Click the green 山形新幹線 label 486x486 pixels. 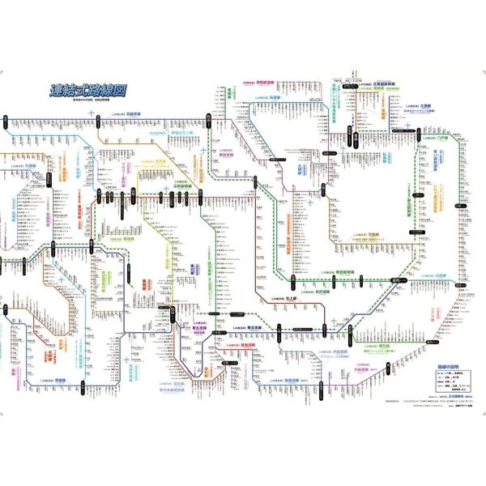185,185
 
